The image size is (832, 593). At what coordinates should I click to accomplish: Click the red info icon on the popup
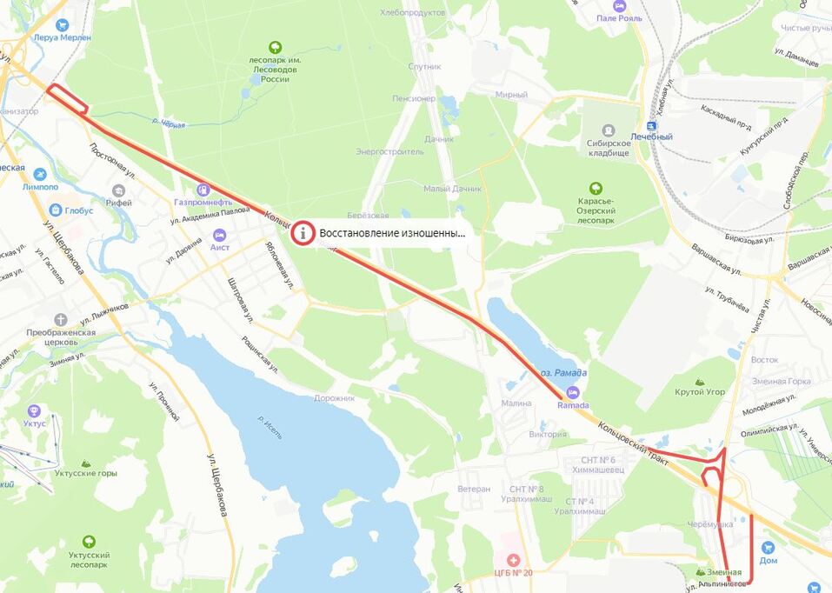click(x=303, y=233)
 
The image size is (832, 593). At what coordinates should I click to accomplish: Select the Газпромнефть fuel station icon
click(x=203, y=188)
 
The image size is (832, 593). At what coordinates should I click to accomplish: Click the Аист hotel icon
click(x=219, y=235)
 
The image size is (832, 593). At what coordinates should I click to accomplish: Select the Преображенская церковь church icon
click(x=60, y=320)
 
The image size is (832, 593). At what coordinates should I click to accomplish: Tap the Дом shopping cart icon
click(x=768, y=549)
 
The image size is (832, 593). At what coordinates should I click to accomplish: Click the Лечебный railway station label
click(x=651, y=137)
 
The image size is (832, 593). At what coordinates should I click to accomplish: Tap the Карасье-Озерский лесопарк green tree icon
click(x=596, y=189)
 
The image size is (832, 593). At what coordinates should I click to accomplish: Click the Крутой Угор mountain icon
click(x=700, y=381)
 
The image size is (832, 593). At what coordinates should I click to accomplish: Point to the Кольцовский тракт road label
click(x=631, y=442)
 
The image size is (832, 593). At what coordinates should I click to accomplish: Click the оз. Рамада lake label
click(x=563, y=373)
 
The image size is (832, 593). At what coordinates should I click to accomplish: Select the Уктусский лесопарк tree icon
click(x=88, y=542)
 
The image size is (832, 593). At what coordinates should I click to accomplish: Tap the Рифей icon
click(x=119, y=190)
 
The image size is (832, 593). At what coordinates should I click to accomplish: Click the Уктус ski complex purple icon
click(x=34, y=410)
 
